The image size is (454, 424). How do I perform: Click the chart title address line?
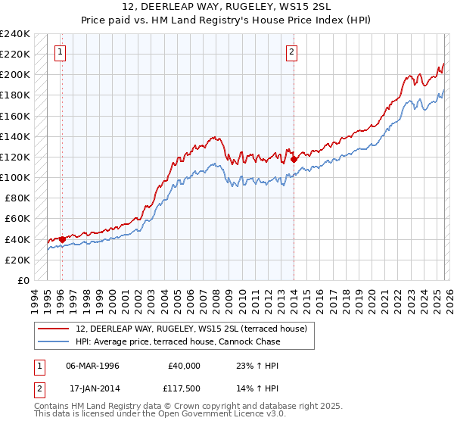[x=227, y=7]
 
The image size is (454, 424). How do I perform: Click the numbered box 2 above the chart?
[x=291, y=52]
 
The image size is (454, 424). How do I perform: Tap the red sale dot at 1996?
[x=62, y=239]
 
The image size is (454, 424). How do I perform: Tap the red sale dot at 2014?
[x=293, y=160]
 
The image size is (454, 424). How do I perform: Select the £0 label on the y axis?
[x=23, y=280]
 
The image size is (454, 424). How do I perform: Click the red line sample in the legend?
[x=54, y=329]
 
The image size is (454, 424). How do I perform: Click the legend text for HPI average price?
[x=178, y=341]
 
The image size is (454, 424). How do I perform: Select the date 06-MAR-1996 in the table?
[x=92, y=366]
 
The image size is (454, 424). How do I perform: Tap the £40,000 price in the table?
[x=184, y=366]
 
